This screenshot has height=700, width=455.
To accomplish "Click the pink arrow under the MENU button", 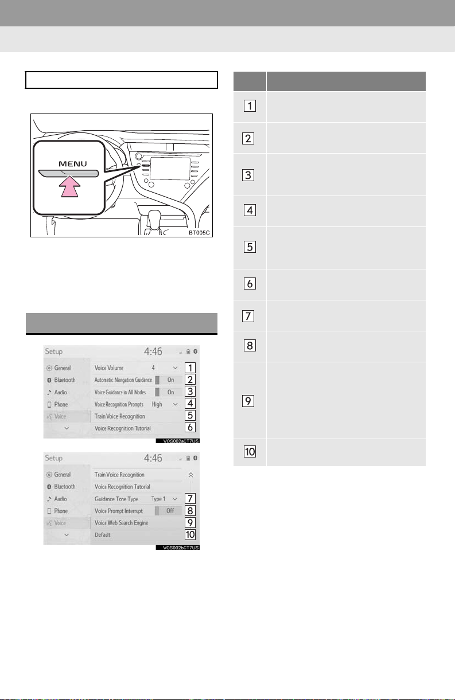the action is coord(69,187).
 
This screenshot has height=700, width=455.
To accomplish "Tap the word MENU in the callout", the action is coord(72,164).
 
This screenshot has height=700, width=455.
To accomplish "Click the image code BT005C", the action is coord(199,233).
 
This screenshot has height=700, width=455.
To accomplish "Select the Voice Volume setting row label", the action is coord(109,368).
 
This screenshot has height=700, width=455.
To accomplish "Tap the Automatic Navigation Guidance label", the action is coord(123,380).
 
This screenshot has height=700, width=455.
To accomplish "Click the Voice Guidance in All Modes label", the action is coord(120,392).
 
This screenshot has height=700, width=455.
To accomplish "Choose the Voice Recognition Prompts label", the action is coord(119,404).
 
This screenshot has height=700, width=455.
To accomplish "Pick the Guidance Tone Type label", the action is coord(116,499).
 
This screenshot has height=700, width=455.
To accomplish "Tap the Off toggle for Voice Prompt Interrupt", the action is coord(169,511).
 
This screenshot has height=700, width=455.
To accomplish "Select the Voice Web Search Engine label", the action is coord(121,523).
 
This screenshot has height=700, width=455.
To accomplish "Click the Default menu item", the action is coord(102,535).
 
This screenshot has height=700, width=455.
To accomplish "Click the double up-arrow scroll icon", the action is coord(190,475).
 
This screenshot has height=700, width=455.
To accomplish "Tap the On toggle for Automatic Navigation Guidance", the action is coord(169,380).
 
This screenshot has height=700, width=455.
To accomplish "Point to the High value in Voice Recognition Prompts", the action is coord(157,404).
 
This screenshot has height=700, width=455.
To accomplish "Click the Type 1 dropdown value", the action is coord(158,499).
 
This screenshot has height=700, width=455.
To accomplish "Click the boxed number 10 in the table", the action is coord(250,452).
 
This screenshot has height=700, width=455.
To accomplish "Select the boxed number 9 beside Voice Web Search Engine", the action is coord(190,522).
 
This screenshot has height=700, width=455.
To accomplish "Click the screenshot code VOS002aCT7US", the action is coord(178,441).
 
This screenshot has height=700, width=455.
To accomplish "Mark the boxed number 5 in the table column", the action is coord(250,247).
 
